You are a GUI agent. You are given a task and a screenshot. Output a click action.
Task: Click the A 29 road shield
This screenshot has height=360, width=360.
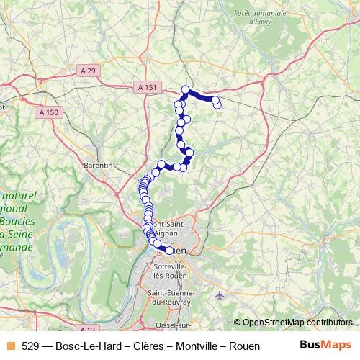click(88, 70)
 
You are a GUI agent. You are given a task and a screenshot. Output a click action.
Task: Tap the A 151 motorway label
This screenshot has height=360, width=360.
click(145, 87)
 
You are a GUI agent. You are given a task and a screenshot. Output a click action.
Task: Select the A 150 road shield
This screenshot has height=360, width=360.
click(48, 112)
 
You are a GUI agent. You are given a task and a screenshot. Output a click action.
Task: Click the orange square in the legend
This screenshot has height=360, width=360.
click(9, 346)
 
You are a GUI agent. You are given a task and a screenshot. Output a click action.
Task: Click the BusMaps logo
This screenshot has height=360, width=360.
click(325, 346)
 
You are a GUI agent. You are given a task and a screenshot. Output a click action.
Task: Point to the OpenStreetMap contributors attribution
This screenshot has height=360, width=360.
click(297, 323)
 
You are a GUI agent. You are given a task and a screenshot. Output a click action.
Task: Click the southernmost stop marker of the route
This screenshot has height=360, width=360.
click(170, 251)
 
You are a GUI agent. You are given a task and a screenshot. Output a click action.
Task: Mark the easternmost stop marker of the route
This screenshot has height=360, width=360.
click(217, 105)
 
